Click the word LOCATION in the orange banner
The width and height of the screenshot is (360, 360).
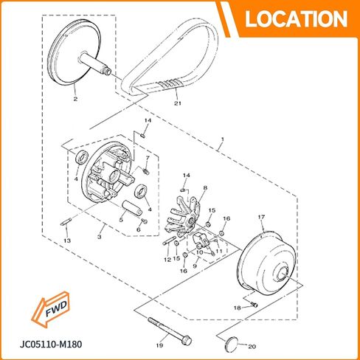[x=296, y=19]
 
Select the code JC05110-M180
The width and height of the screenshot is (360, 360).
[x=51, y=345]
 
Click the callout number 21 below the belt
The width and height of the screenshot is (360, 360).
[x=178, y=103]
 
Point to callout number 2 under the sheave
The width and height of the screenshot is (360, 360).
[x=75, y=99]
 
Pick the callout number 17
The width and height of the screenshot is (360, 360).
[x=261, y=217]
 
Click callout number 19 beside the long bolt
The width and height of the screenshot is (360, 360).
[x=159, y=345]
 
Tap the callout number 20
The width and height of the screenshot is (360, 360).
[x=252, y=347]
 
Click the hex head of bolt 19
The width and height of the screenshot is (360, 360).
[x=187, y=341]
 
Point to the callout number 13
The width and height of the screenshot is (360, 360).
[x=67, y=240]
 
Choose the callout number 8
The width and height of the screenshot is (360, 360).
[x=205, y=188]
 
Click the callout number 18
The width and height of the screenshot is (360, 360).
[x=237, y=308]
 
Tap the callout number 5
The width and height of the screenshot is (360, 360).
[x=121, y=220]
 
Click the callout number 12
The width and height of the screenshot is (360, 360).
[x=167, y=260]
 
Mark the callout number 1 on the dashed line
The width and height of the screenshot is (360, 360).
[x=223, y=139]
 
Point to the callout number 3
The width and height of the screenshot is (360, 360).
[x=100, y=237]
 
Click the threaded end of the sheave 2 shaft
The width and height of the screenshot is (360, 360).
[x=108, y=72]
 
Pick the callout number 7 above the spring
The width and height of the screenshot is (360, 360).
[x=148, y=157]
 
